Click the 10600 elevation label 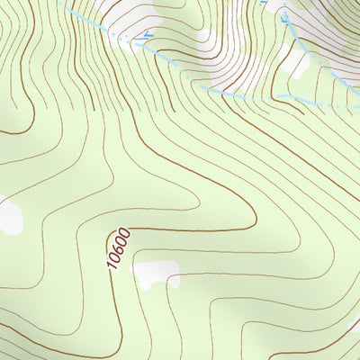118,248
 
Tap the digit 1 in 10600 112,265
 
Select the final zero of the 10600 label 124,233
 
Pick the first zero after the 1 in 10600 114,257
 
